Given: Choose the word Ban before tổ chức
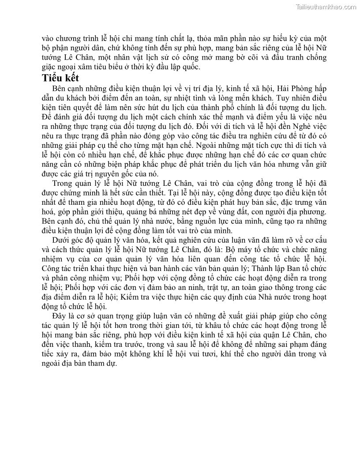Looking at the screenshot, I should [298, 268].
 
